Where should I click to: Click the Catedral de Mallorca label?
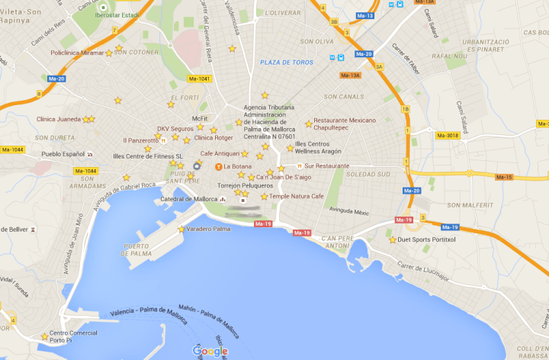point(189,199)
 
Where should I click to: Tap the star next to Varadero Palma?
point(181,229)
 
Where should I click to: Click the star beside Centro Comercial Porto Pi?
point(43,336)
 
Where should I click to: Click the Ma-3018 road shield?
point(447,136)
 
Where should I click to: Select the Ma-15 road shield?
point(504,177)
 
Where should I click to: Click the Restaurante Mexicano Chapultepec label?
point(345,124)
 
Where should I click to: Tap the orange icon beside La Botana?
point(218,166)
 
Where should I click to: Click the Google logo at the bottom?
point(210,351)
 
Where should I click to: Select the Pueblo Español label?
point(63,154)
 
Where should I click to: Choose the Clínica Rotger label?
point(213,138)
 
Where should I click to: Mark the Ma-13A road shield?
point(350,75)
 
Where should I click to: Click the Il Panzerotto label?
point(140,140)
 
